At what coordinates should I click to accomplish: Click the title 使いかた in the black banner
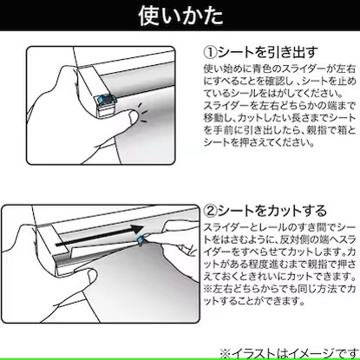(x=180, y=16)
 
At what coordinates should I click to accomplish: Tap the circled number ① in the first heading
(x=210, y=52)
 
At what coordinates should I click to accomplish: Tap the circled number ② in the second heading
(x=210, y=211)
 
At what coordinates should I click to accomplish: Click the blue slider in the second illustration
(x=141, y=239)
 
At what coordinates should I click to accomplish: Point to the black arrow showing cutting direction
(x=99, y=236)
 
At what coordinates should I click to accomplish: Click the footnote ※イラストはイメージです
(x=289, y=353)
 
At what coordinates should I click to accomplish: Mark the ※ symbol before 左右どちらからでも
(x=208, y=289)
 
